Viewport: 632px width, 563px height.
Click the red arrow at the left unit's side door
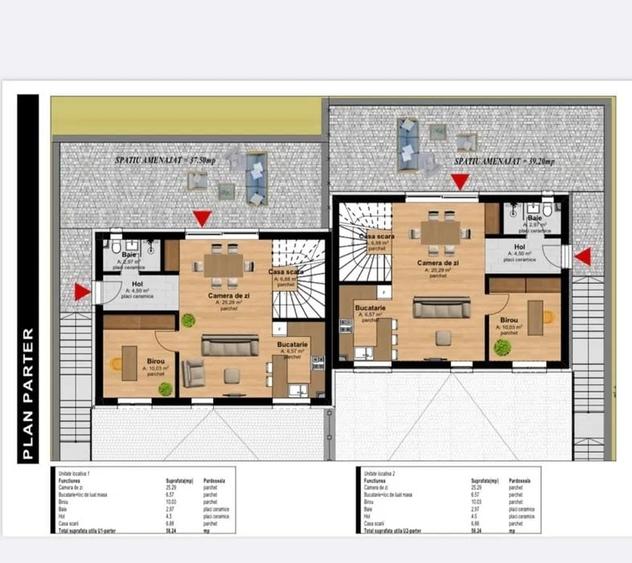[x=81, y=291]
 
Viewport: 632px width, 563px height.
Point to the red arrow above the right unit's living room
[x=460, y=182]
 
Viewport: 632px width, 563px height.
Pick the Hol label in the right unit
[x=520, y=248]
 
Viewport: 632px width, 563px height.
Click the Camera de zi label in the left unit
[x=228, y=295]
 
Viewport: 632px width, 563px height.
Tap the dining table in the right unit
[x=441, y=231]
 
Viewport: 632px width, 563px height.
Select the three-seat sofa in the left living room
[x=230, y=345]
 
